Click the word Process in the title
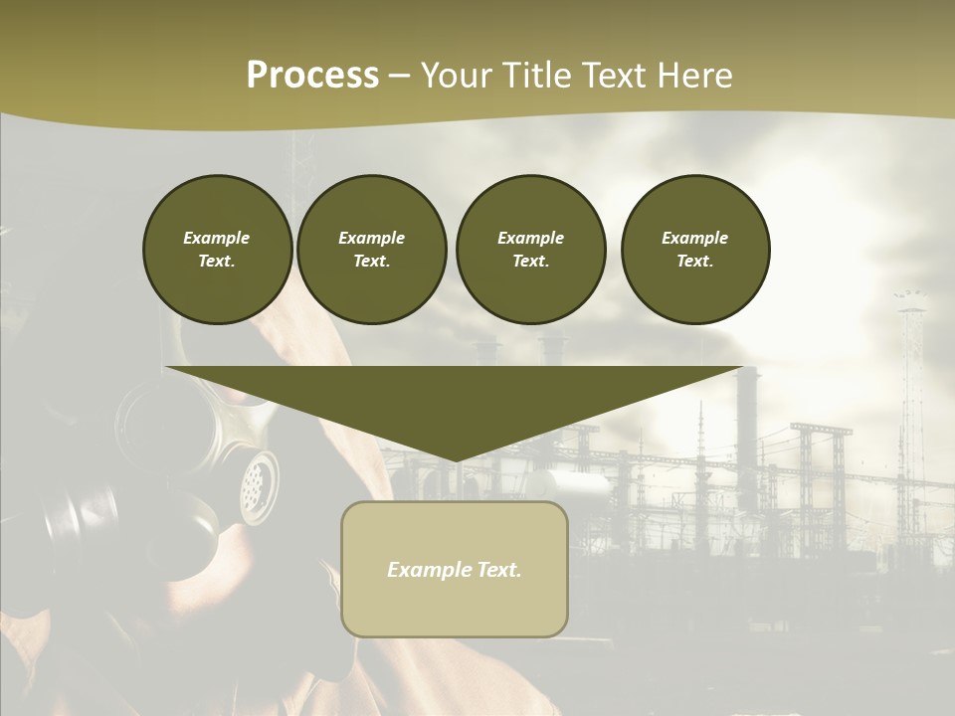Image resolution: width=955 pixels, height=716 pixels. pyautogui.click(x=312, y=76)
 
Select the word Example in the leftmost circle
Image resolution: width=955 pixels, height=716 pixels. pyautogui.click(x=217, y=238)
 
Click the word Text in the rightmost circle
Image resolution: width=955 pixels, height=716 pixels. pyautogui.click(x=694, y=261)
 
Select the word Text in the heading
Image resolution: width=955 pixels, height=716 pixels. pyautogui.click(x=615, y=76)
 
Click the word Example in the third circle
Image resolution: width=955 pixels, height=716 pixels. pyautogui.click(x=530, y=238)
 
